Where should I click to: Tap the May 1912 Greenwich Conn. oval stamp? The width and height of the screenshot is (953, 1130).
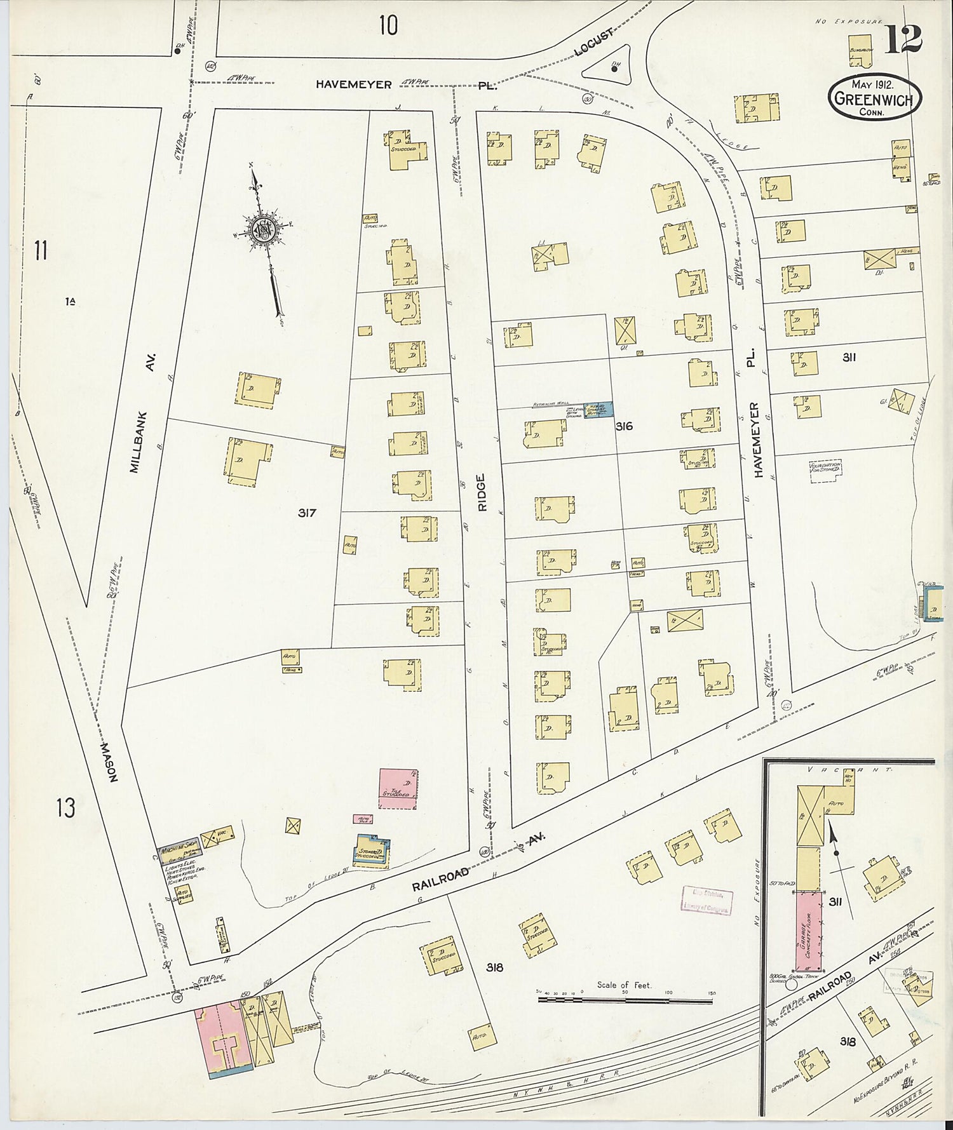tap(874, 98)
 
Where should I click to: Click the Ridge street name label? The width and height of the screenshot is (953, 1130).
tap(482, 492)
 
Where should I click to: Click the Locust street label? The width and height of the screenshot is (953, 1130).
tap(595, 43)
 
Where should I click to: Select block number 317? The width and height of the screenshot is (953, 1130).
tap(307, 513)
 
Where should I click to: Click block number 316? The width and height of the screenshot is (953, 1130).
tap(624, 426)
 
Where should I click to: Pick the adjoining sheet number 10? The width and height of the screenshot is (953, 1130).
tap(388, 25)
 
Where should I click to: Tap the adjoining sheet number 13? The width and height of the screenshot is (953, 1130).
tap(65, 808)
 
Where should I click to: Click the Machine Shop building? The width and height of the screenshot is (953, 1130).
tap(179, 851)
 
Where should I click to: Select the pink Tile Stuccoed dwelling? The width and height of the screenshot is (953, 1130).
tap(398, 788)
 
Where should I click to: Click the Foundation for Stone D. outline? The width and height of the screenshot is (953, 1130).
tap(825, 471)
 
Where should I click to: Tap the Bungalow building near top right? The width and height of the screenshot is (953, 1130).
tap(860, 51)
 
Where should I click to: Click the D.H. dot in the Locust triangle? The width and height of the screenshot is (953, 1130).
tap(614, 70)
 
